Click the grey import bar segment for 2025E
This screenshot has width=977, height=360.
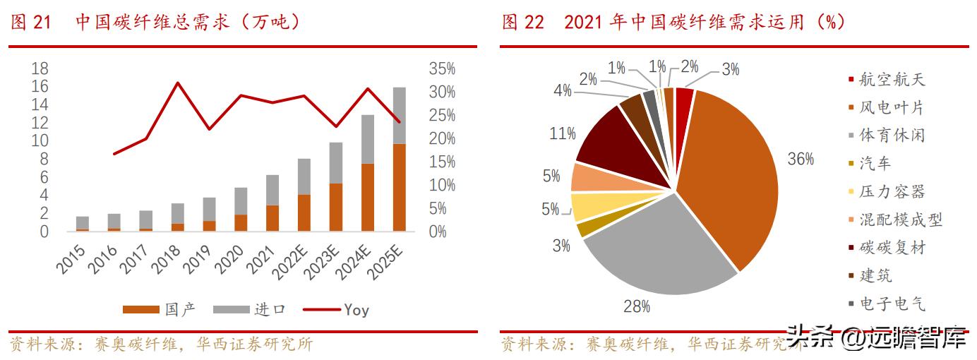(x=399, y=115)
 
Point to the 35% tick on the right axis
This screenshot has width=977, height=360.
(x=443, y=69)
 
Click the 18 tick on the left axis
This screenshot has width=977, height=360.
(x=40, y=69)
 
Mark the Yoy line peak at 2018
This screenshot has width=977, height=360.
(x=178, y=83)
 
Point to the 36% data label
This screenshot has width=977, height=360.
(x=801, y=159)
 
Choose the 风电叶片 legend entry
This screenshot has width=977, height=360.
(x=890, y=108)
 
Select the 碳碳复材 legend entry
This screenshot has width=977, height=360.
(x=890, y=248)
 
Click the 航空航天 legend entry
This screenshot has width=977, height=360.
(x=890, y=80)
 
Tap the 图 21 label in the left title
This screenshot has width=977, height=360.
(x=31, y=23)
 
